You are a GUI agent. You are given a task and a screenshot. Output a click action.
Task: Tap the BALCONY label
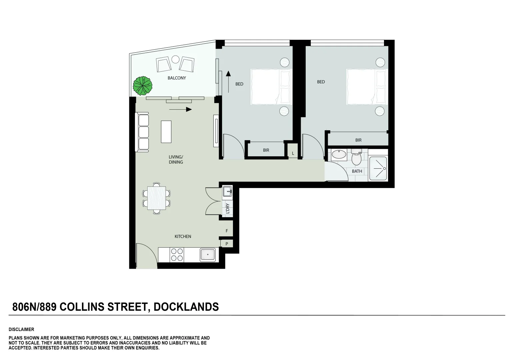177,78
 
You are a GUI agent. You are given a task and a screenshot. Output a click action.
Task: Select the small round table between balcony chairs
175,60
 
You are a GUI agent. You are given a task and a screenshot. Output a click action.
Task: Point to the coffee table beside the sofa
166,132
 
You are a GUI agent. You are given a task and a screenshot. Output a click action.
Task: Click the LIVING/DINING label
176,159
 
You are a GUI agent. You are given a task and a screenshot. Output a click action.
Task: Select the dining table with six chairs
157,198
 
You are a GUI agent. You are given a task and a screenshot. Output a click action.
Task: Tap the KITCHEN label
183,236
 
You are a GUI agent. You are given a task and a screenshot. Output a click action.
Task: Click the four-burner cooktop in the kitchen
177,255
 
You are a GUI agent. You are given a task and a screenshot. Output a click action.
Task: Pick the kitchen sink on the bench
208,255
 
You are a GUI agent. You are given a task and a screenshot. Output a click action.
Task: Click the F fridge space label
227,231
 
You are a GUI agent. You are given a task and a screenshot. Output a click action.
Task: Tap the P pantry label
227,244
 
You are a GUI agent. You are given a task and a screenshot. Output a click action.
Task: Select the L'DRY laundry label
228,208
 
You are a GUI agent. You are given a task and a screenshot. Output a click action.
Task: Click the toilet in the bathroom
356,158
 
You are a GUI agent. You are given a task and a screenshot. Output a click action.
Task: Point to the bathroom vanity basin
339,155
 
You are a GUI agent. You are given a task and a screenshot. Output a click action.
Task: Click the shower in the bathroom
378,169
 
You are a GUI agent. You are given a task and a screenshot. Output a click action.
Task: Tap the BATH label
357,171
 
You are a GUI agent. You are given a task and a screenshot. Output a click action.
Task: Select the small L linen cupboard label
293,153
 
